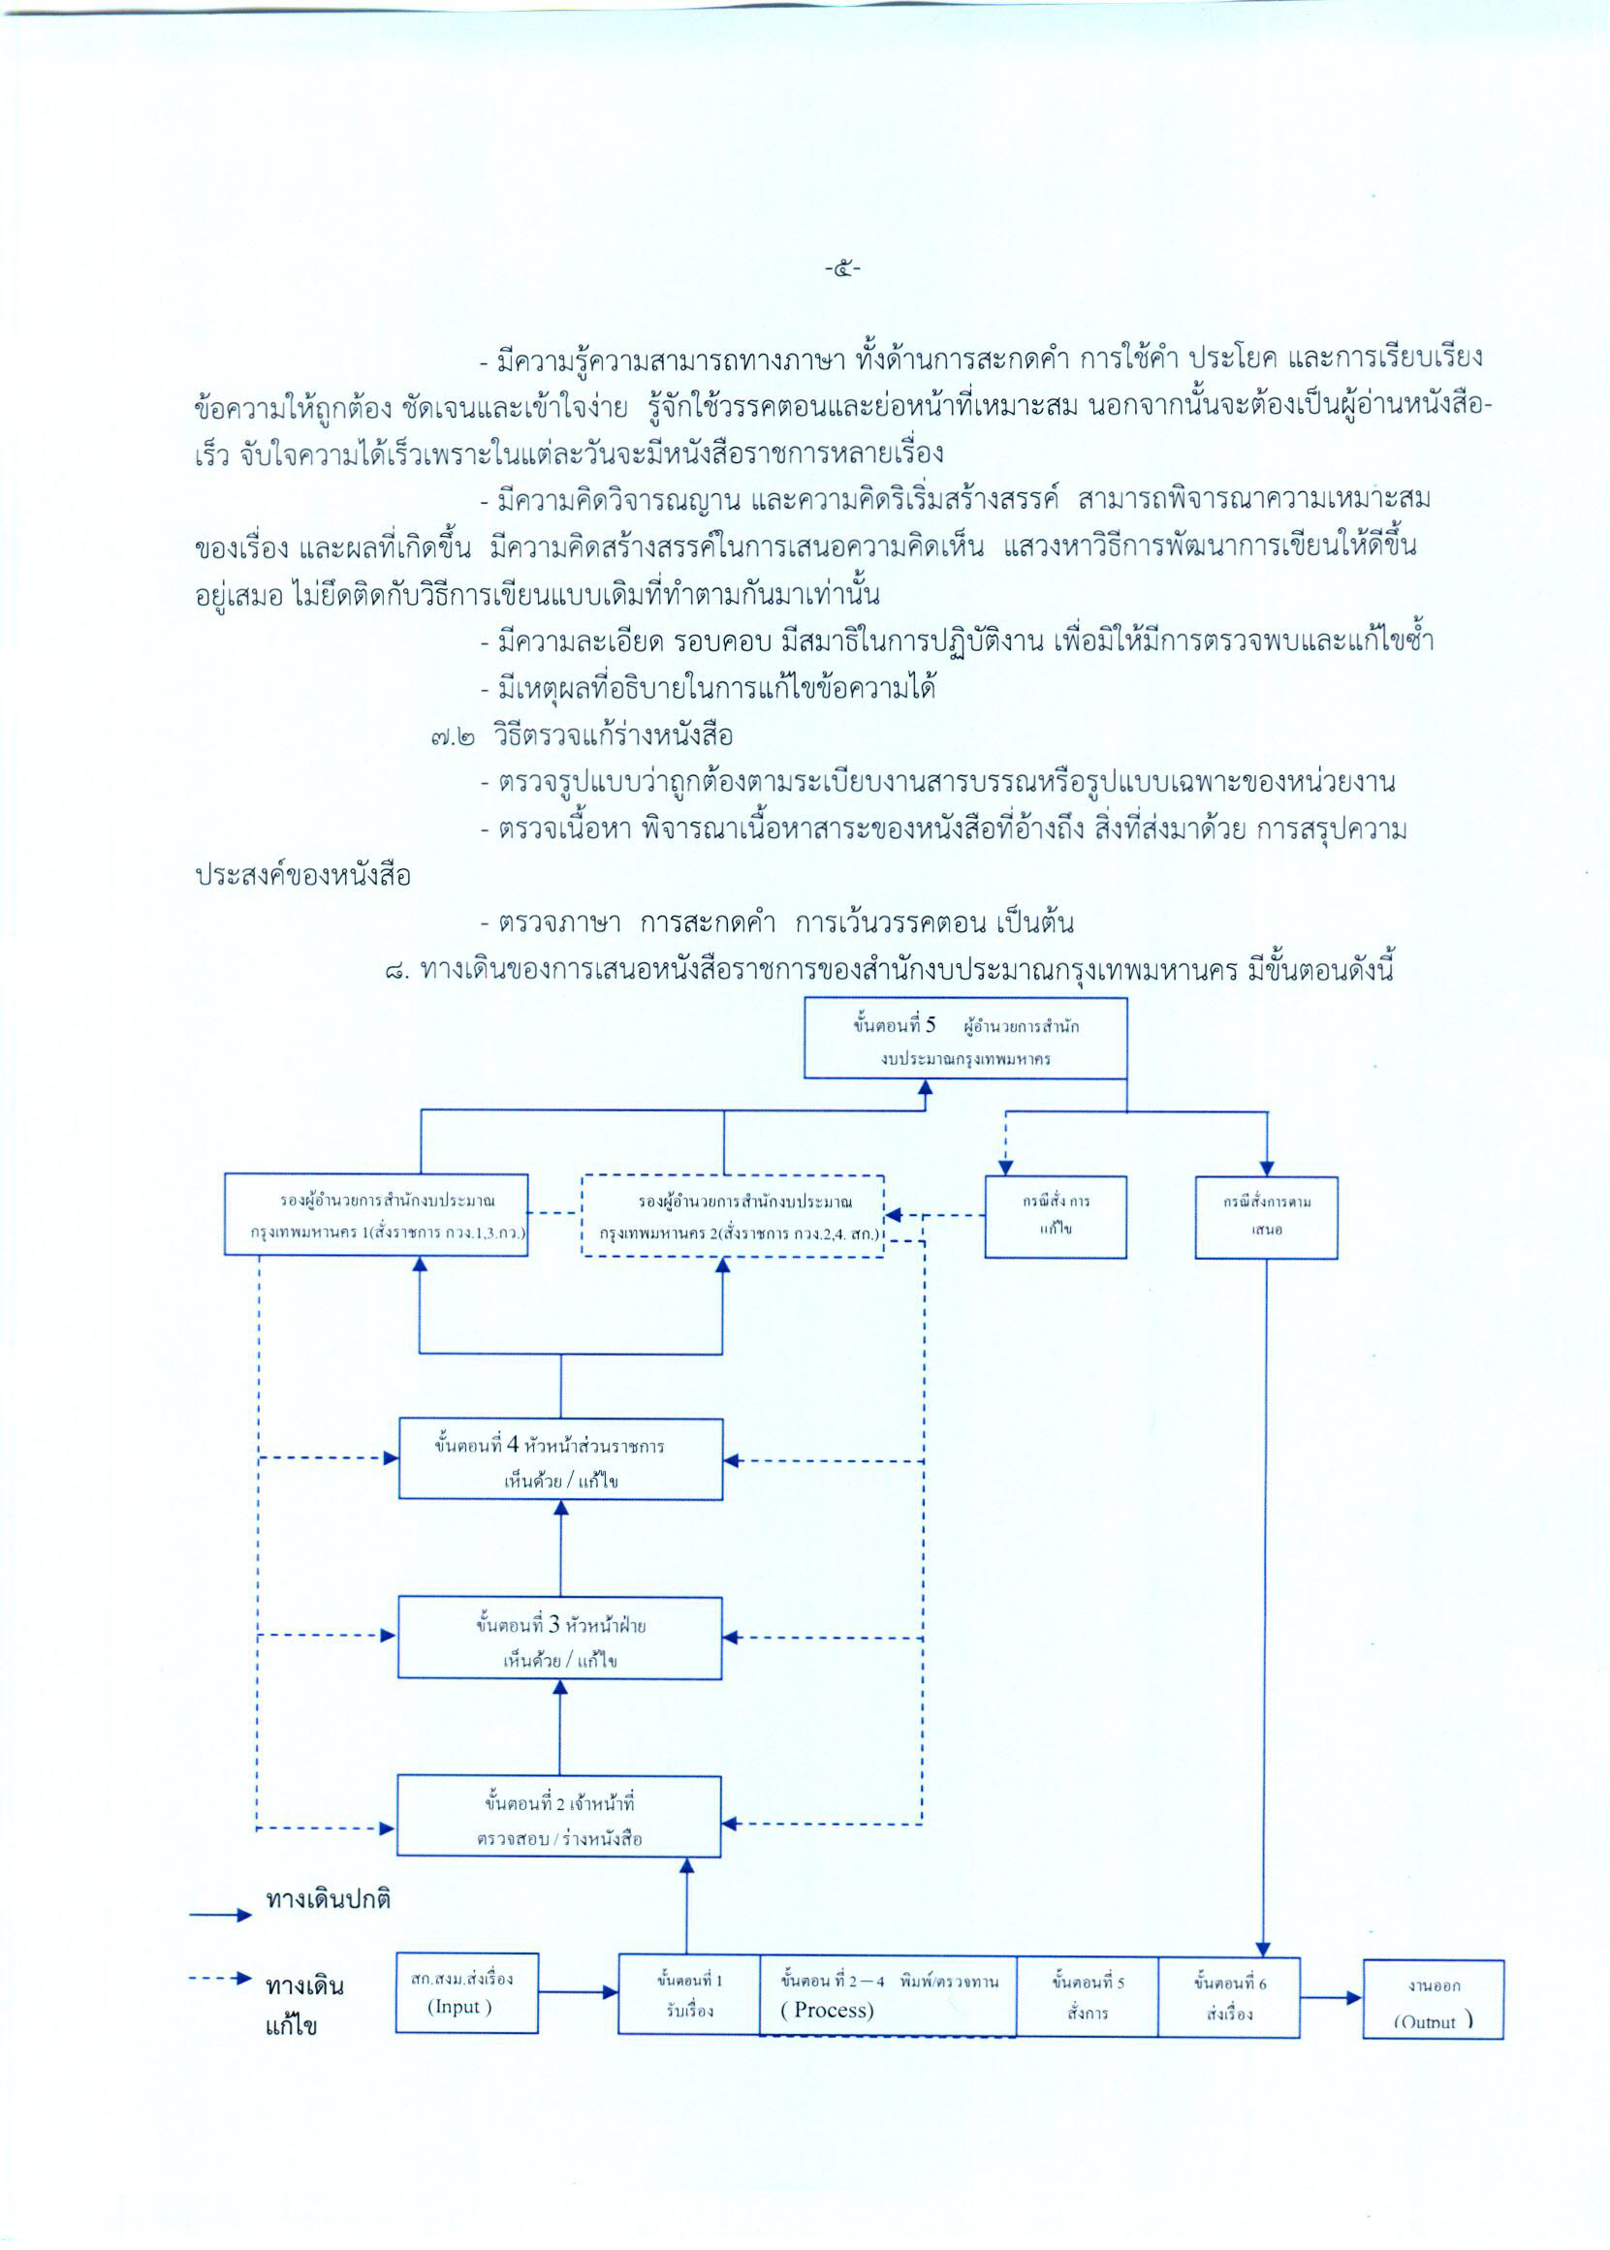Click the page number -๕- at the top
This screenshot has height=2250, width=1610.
pyautogui.click(x=841, y=267)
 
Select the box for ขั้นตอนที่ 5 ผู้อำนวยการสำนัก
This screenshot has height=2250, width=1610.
pyautogui.click(x=964, y=1038)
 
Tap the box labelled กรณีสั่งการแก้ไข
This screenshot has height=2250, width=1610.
pyautogui.click(x=1055, y=1216)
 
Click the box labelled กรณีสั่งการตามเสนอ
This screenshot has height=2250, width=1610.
pyautogui.click(x=1266, y=1216)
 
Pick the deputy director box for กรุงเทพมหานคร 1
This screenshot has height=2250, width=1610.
pyautogui.click(x=376, y=1215)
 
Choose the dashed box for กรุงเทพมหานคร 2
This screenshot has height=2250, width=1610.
pyautogui.click(x=732, y=1216)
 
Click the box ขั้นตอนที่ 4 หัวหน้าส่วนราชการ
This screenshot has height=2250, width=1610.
pyautogui.click(x=560, y=1458)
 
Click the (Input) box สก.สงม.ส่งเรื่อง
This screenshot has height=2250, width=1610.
pyautogui.click(x=466, y=1992)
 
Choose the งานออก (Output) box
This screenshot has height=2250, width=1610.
pyautogui.click(x=1433, y=1998)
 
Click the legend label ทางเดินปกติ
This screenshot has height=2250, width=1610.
pyautogui.click(x=329, y=1899)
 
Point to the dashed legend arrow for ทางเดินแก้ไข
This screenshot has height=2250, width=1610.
pyautogui.click(x=220, y=1979)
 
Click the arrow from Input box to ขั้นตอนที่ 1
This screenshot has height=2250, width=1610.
pyautogui.click(x=578, y=1991)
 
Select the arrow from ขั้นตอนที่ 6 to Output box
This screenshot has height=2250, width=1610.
pyautogui.click(x=1331, y=1997)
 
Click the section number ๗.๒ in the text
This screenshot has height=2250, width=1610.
pyautogui.click(x=452, y=736)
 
